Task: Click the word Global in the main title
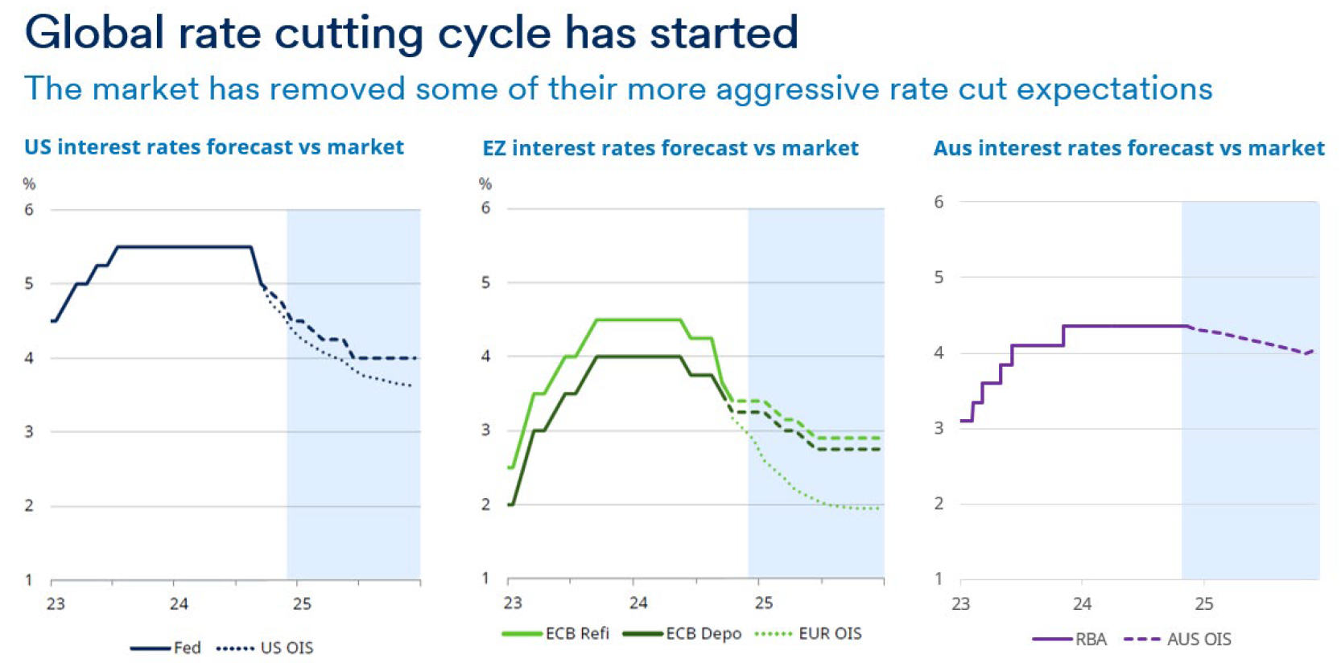(x=94, y=34)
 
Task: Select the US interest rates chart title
(x=214, y=147)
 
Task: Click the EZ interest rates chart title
(x=670, y=148)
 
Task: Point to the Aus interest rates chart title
(x=1129, y=148)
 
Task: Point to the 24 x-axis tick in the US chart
(x=179, y=604)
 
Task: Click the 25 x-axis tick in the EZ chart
(x=763, y=603)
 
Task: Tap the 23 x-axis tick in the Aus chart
(x=960, y=603)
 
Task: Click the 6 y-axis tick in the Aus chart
(x=939, y=202)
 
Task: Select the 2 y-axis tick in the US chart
(x=29, y=506)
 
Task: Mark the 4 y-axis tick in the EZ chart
(x=485, y=356)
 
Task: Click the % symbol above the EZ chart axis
(x=485, y=184)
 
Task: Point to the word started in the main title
(x=723, y=34)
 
